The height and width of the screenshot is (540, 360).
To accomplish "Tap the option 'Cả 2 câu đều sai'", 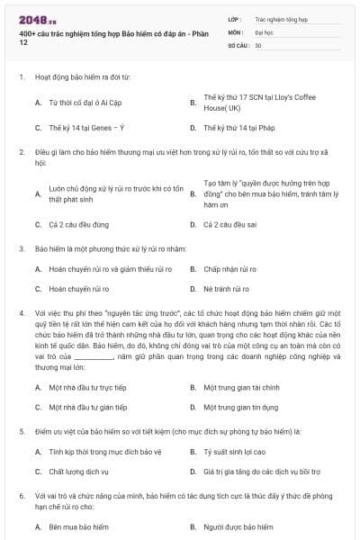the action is pyautogui.click(x=230, y=223).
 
